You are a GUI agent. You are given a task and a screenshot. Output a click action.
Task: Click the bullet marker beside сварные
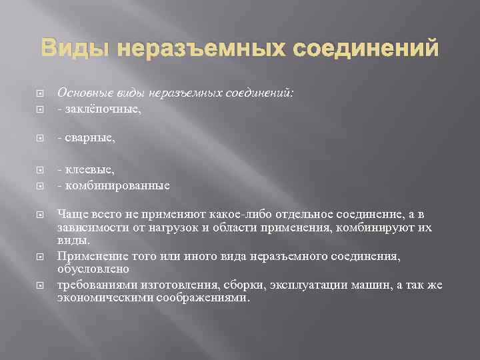coord(41,138)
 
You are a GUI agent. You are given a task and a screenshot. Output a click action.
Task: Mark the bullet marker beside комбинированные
coord(41,186)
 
